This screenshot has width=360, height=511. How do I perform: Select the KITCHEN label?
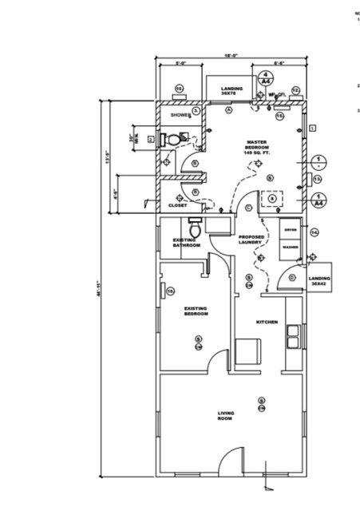(x=267, y=322)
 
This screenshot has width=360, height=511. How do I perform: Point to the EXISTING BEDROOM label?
(x=196, y=311)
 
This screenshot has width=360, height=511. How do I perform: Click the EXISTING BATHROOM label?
(x=187, y=242)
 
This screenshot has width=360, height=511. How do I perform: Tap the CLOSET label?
(x=177, y=205)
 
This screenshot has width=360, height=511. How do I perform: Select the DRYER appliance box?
(x=289, y=231)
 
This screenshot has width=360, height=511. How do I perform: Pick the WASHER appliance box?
(x=289, y=247)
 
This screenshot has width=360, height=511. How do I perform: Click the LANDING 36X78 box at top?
(x=231, y=90)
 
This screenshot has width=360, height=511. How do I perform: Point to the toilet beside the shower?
(x=171, y=139)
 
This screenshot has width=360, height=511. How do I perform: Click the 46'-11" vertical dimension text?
(x=100, y=291)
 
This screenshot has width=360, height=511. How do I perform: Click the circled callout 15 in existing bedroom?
(x=170, y=291)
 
